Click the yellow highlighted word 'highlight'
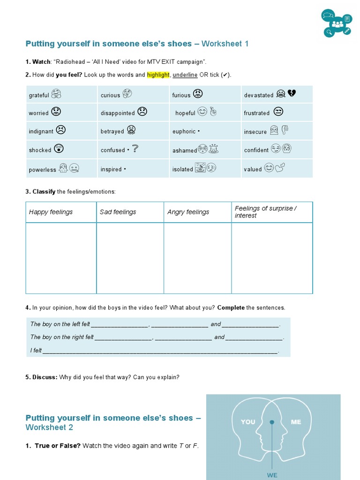point(158,75)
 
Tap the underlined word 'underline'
point(185,75)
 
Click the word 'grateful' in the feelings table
point(39,95)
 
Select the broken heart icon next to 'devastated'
point(292,93)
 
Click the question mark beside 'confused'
point(135,149)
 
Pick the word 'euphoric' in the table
point(184,132)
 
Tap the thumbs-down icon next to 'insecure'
point(285,130)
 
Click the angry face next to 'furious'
point(198,93)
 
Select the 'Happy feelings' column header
point(51,212)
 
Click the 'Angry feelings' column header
point(188,212)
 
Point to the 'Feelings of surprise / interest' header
point(265,212)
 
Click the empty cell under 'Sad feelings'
point(130,258)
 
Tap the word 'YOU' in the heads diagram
point(248,422)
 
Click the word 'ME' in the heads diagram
point(296,422)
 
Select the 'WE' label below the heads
point(272,475)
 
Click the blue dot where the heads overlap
point(272,422)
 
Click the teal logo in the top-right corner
point(337,23)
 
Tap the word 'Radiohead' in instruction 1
point(71,62)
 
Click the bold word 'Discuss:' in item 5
point(45,377)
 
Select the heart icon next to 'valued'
point(280,167)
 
